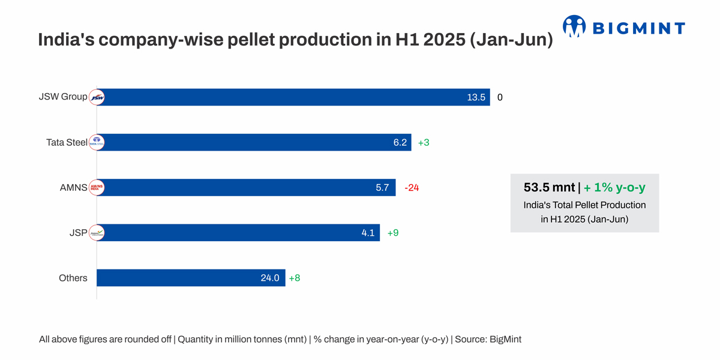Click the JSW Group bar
[x=294, y=97]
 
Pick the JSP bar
[x=240, y=233]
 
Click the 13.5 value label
[x=476, y=97]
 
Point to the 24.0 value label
[x=269, y=278]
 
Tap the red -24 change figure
[x=412, y=188]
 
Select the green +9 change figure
[x=393, y=233]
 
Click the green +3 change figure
[x=424, y=143]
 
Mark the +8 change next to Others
[x=295, y=278]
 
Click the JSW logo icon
[x=97, y=97]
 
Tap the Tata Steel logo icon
[x=97, y=142]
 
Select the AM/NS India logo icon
[x=97, y=187]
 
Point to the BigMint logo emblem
[x=574, y=26]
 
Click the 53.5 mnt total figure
[x=549, y=188]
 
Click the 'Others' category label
[x=73, y=278]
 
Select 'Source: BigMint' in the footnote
[x=488, y=340]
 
